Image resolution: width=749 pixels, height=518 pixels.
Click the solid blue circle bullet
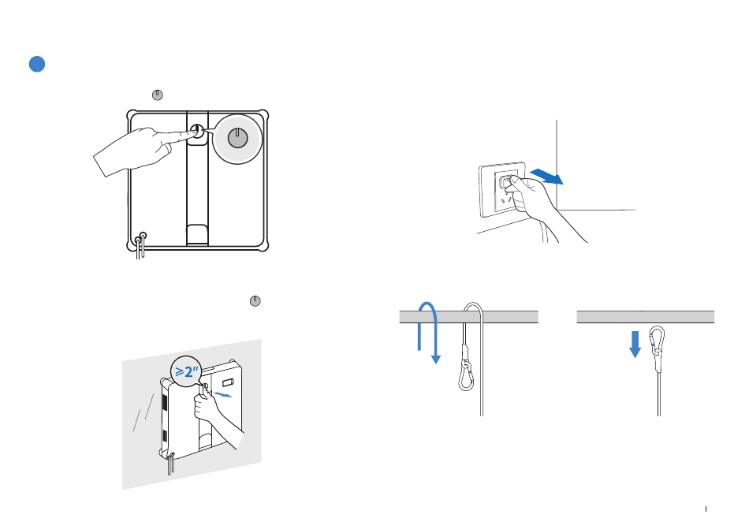36,65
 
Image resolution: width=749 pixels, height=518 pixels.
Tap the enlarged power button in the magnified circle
237,137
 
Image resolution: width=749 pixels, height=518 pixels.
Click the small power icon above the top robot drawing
158,95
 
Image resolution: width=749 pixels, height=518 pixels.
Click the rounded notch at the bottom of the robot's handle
198,233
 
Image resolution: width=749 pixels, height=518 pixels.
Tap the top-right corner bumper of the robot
266,115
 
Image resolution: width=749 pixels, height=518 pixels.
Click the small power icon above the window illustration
255,301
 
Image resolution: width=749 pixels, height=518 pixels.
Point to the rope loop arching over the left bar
472,311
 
